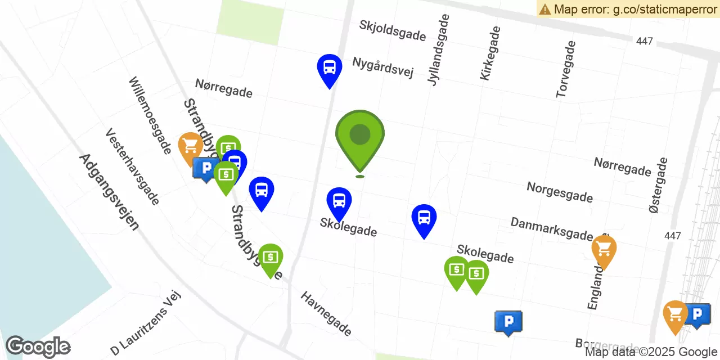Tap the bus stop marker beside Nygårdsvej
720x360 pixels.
click(x=330, y=69)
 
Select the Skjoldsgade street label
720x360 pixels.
click(x=393, y=30)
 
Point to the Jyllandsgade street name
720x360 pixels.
click(x=439, y=49)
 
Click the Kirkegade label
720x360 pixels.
click(x=490, y=53)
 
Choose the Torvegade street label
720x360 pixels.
click(x=566, y=69)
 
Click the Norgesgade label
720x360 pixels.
click(x=560, y=192)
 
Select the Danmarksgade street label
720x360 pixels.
click(x=552, y=229)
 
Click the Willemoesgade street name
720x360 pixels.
click(x=150, y=116)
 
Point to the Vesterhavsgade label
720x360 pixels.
click(x=133, y=166)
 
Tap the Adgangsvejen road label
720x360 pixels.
click(x=109, y=192)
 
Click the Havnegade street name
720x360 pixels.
click(x=326, y=313)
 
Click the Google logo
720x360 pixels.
click(x=38, y=346)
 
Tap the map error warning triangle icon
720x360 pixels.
click(x=544, y=9)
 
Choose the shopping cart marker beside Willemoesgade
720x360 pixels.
click(x=191, y=146)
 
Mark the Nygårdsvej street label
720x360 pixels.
click(x=383, y=67)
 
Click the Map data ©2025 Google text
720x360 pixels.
click(x=651, y=352)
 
